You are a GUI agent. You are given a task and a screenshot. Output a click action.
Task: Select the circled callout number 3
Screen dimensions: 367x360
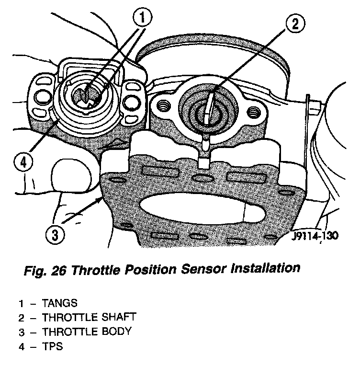coord(54,235)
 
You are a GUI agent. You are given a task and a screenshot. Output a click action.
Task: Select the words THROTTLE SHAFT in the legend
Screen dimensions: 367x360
coord(89,317)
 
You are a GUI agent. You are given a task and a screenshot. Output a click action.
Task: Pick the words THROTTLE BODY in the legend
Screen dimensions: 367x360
coord(87,332)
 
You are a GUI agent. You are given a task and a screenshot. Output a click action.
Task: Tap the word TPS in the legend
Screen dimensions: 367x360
coord(52,346)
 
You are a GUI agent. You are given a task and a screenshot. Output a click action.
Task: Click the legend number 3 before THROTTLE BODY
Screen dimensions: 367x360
coord(21,332)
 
